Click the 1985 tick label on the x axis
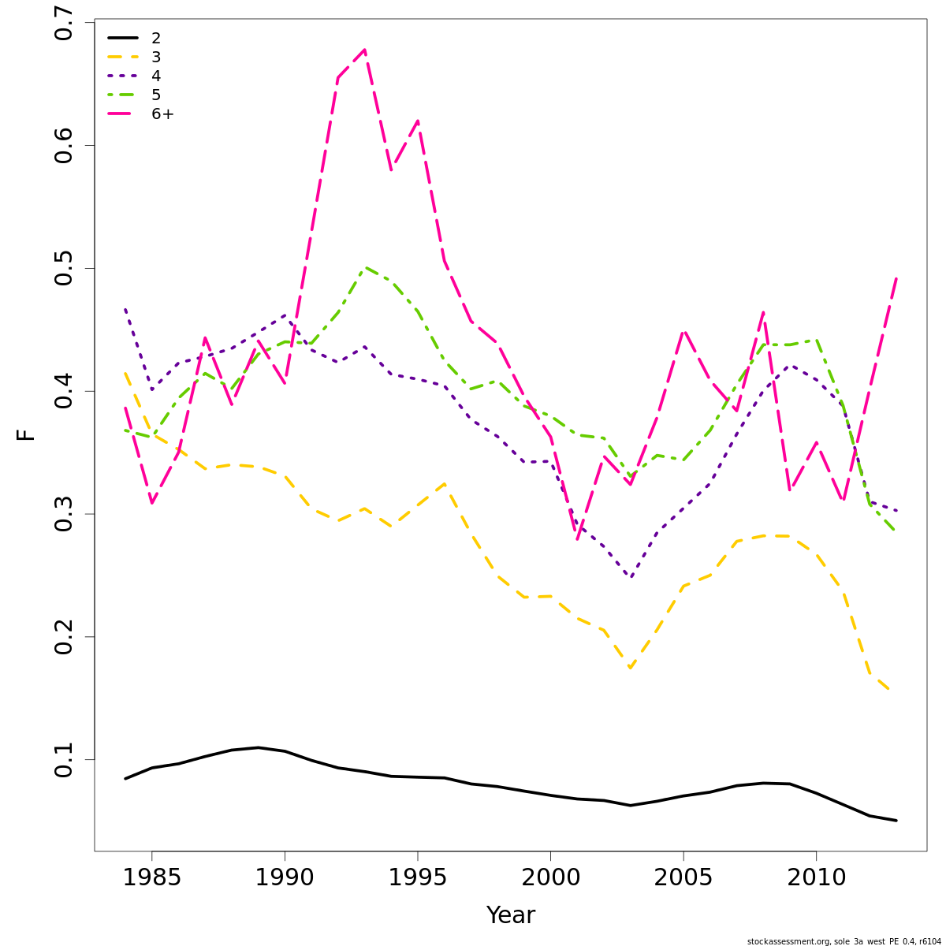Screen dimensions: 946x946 point(152,877)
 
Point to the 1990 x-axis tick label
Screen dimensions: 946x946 point(285,877)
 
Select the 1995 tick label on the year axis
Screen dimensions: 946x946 point(417,877)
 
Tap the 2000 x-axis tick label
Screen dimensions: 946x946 point(550,877)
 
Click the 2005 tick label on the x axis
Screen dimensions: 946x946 point(683,877)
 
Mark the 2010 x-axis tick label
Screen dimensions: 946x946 point(816,877)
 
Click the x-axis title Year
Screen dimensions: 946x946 point(510,915)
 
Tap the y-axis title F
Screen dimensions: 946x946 point(26,434)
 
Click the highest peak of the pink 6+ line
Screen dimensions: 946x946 point(364,50)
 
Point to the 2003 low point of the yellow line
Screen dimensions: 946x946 point(630,669)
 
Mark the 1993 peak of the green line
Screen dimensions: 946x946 point(364,267)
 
